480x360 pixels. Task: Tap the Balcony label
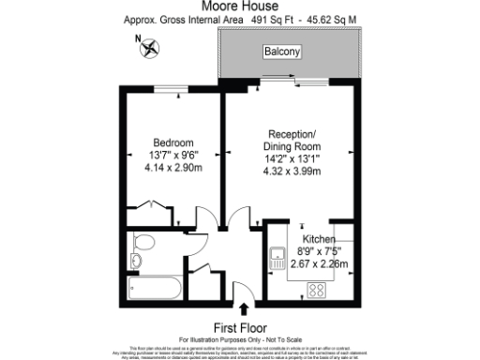281,52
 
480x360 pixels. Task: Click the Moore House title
239,6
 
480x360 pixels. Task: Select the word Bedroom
173,142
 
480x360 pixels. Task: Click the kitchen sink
277,255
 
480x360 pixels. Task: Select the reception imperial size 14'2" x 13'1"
294,159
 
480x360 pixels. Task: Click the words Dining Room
294,147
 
